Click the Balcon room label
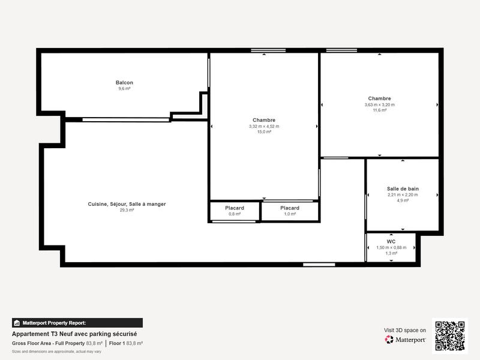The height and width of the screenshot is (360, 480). (124, 83)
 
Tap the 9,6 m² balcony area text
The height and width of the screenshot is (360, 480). (124, 89)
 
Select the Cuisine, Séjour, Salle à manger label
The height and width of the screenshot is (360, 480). (127, 204)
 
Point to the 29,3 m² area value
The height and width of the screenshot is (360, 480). (127, 210)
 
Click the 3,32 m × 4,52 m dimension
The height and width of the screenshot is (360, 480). (264, 127)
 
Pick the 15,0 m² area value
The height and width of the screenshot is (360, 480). (264, 132)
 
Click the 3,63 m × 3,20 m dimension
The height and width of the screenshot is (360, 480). (379, 104)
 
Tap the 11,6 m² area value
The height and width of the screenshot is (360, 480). (379, 110)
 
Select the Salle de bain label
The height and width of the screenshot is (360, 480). (403, 188)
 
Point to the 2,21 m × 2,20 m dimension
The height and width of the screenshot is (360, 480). (403, 194)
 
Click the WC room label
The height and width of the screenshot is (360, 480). (391, 242)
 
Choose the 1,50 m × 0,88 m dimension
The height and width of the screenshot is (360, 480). (391, 248)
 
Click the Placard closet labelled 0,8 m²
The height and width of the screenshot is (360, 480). (235, 208)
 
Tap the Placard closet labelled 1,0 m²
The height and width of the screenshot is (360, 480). (290, 208)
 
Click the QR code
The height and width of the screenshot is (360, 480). (449, 336)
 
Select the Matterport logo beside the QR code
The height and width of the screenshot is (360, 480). (406, 340)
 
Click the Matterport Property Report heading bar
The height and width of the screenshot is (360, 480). (77, 323)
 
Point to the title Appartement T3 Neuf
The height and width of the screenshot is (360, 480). (75, 334)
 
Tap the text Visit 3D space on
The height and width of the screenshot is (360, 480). (405, 330)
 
